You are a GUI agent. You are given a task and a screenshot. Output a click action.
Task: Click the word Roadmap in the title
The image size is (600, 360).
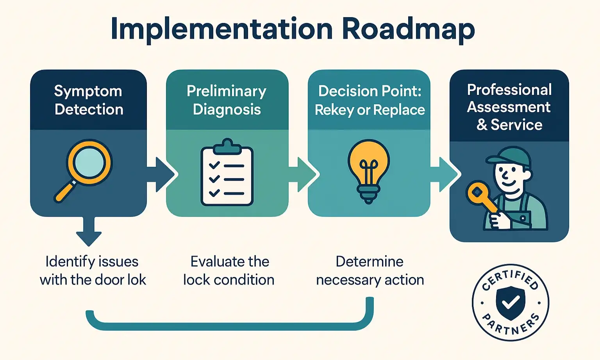pos(408,29)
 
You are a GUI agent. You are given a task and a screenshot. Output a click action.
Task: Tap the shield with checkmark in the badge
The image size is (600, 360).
pos(510,301)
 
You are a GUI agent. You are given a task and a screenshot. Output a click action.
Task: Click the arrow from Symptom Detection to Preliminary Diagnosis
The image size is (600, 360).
pos(161,174)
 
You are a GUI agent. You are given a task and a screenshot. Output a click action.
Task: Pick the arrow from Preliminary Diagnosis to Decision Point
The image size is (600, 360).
pos(303,174)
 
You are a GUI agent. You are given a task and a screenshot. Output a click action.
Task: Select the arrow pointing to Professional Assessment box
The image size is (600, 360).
pos(444,174)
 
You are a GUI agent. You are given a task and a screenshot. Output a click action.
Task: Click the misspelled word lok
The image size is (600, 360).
pos(136,280)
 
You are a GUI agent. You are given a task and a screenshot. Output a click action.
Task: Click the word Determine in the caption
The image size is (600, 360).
pos(370,261)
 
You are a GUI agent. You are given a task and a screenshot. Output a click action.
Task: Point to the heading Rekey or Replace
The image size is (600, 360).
pos(370,110)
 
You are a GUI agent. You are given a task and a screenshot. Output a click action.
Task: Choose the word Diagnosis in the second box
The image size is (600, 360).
pos(227,109)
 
